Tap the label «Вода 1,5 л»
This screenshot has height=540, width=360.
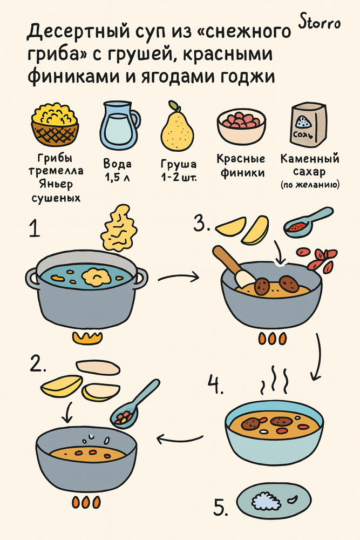coord(117,170)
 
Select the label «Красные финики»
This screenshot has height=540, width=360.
coord(241,166)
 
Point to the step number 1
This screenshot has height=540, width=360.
coord(35,230)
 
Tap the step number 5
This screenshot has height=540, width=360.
coord(220,508)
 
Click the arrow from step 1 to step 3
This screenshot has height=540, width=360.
coord(179,278)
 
